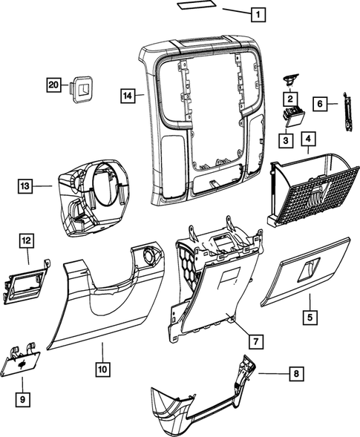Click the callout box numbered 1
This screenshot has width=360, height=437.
(256, 13)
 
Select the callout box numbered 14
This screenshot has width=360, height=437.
(128, 95)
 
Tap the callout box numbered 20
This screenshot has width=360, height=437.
(53, 85)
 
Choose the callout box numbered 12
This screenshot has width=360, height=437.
(26, 240)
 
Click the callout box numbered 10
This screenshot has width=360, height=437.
(100, 367)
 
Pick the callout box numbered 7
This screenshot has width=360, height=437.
(255, 341)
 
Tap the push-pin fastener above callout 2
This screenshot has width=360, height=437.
(289, 80)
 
